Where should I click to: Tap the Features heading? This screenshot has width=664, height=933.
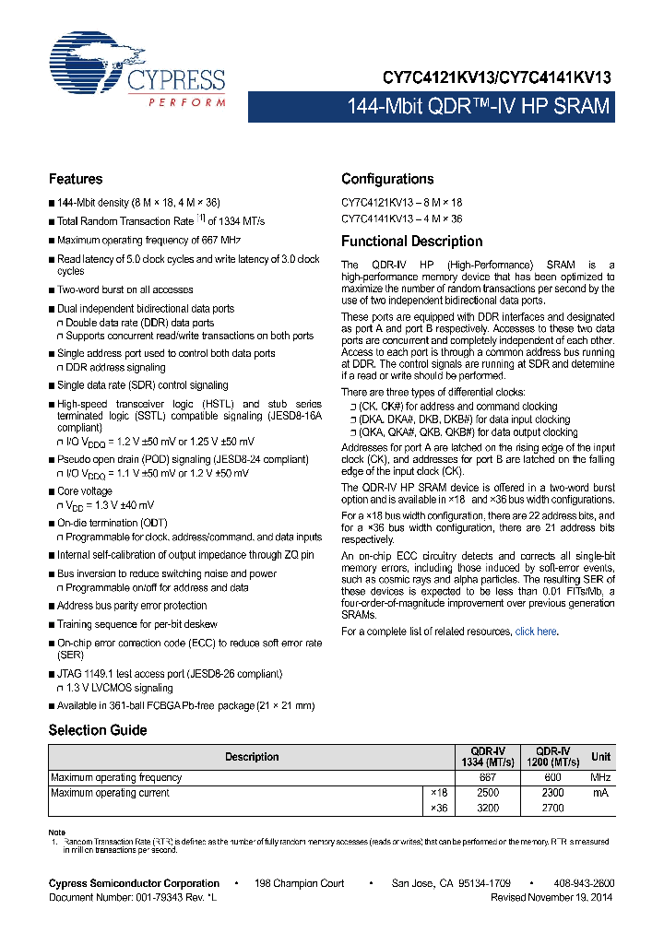coord(76,179)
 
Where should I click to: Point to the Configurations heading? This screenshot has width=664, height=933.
coord(387,179)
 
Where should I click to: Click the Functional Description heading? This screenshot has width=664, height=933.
coord(412,242)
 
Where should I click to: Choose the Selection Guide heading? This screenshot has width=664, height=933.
coord(98,730)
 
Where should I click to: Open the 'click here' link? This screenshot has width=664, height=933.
coord(536,632)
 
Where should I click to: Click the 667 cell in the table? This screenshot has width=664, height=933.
coord(488,777)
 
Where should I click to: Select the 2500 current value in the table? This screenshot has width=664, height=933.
coord(488,793)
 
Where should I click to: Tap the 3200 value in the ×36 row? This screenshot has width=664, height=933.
coord(488,808)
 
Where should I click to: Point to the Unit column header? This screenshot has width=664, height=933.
coord(600,757)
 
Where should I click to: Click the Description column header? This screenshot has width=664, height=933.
coord(252,757)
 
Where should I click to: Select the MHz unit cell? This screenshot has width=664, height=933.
coord(600,777)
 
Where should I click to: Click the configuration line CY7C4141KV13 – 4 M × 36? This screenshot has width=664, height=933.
coord(402,218)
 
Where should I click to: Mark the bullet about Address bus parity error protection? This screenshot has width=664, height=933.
coord(132,606)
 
